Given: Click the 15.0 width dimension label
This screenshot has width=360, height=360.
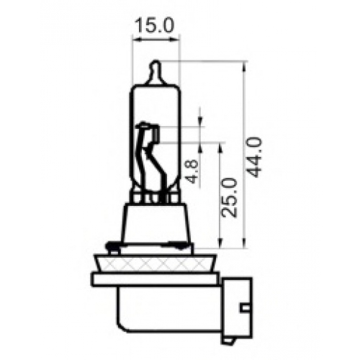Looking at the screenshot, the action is click(x=154, y=25).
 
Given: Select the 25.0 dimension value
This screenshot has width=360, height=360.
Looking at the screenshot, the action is click(x=230, y=197).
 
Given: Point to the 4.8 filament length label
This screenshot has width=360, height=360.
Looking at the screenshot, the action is click(x=192, y=171).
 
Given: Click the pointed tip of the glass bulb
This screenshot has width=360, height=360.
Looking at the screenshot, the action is click(x=156, y=62).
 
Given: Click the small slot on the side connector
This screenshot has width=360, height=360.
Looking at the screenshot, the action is click(x=246, y=308).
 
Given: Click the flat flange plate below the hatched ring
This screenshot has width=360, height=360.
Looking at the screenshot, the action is click(x=156, y=279).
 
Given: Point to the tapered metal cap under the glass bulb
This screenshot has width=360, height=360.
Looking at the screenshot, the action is click(x=156, y=223).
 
